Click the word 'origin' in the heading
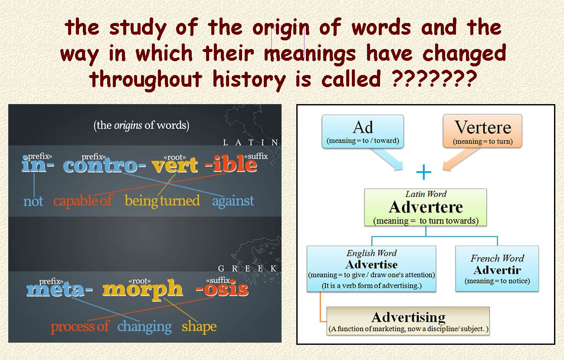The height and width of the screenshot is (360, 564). pos(281,29)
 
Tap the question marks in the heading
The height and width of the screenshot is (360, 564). pos(435,79)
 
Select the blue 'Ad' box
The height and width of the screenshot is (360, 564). pos(363,131)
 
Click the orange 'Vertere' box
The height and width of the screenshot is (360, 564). pos(483,131)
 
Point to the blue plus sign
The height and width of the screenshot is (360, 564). pos(424,172)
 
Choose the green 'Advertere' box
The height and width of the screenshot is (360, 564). pos(426,207)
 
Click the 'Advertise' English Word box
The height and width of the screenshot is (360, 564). pos(371,268)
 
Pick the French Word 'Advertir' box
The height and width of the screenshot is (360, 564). pos(497,268)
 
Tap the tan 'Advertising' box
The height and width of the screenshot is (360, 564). pos(408,321)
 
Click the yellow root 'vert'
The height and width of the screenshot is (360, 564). pos(175,165)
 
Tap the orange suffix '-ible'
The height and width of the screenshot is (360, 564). pos(231,164)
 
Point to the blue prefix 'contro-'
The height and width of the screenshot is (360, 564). pos(104,165)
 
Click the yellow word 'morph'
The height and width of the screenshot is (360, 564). pos(142,289)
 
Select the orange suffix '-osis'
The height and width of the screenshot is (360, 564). pos(222,288)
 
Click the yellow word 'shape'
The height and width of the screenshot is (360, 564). pos(199,327)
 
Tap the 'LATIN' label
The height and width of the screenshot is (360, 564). pos(250,143)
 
